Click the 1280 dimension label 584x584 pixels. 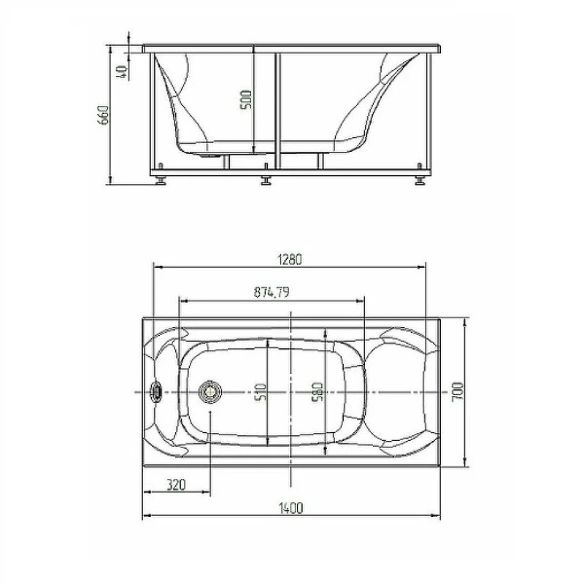pyautogui.click(x=290, y=259)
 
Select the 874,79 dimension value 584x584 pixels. pyautogui.click(x=272, y=292)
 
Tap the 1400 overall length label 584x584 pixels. pyautogui.click(x=291, y=508)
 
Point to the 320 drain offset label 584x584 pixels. pyautogui.click(x=176, y=485)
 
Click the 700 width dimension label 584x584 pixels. pyautogui.click(x=458, y=391)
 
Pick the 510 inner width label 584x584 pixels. pyautogui.click(x=262, y=392)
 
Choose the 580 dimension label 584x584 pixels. pyautogui.click(x=318, y=392)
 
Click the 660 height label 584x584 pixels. pyautogui.click(x=103, y=115)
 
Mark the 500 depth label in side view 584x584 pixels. pyautogui.click(x=246, y=100)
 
